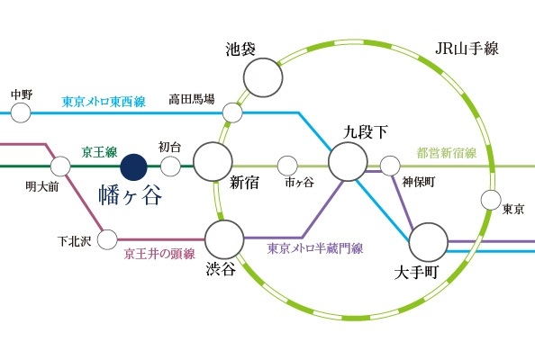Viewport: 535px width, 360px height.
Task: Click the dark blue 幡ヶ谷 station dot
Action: click(133, 167)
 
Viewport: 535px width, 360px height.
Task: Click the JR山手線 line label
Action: click(467, 49)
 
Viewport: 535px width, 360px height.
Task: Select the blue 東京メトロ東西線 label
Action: click(104, 102)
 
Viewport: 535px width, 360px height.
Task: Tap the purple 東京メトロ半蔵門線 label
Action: click(315, 248)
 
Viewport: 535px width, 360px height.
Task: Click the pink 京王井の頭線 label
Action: click(159, 254)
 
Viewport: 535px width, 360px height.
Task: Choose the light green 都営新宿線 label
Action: click(447, 153)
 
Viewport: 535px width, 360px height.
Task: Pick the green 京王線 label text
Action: click(99, 152)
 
